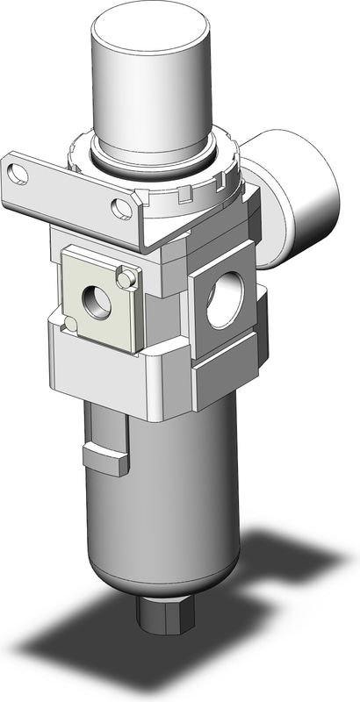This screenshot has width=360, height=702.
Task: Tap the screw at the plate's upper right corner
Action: (130, 277)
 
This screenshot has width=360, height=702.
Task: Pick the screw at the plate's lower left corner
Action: (66, 326)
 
